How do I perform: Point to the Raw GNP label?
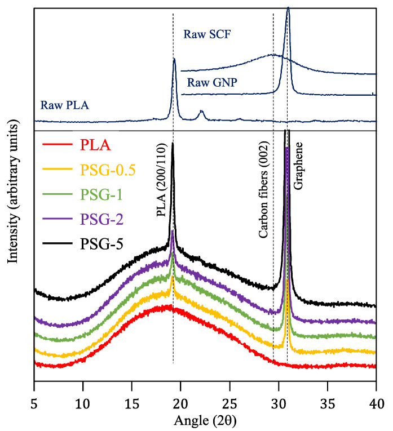(x=212, y=82)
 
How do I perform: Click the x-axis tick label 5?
(x=34, y=404)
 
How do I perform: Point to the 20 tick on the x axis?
(x=180, y=404)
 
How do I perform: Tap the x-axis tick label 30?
(x=278, y=404)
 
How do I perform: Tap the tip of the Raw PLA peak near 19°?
(x=174, y=59)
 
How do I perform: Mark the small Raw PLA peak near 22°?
(x=201, y=112)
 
